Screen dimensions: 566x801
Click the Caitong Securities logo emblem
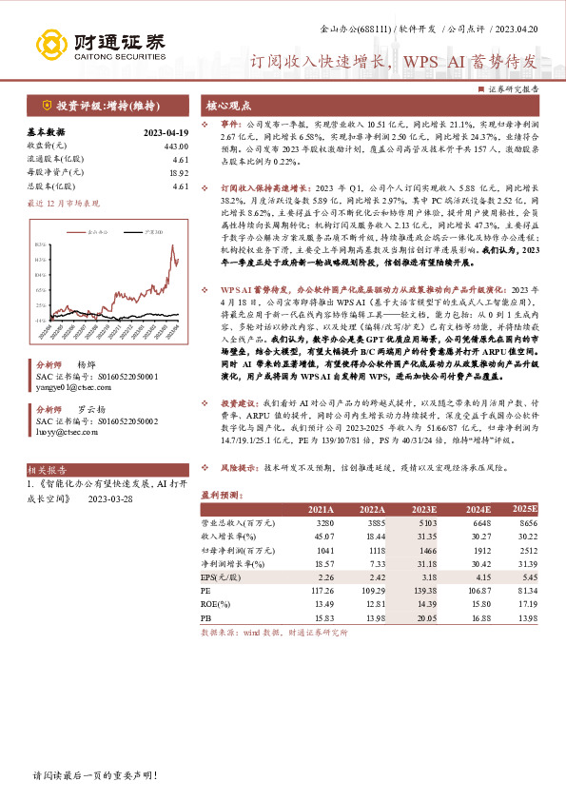(49, 44)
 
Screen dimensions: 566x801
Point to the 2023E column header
(425, 509)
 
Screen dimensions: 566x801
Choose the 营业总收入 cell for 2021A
(322, 523)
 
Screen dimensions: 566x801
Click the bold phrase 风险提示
(242, 468)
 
